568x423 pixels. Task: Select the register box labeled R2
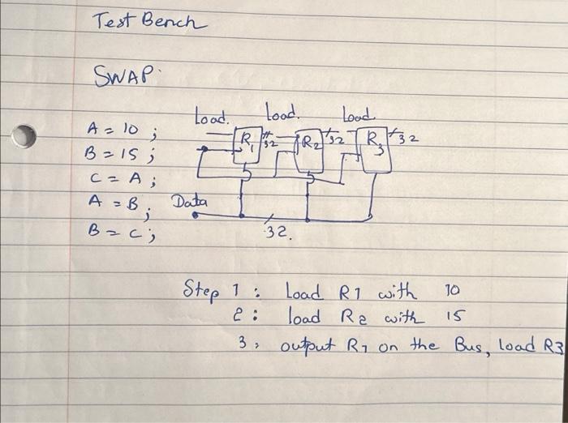(308, 150)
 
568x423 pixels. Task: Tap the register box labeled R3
(375, 150)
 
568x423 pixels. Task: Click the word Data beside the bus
(189, 201)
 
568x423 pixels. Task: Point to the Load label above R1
(212, 117)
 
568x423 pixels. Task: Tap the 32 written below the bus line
(278, 233)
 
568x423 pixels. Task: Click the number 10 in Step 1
(453, 289)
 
